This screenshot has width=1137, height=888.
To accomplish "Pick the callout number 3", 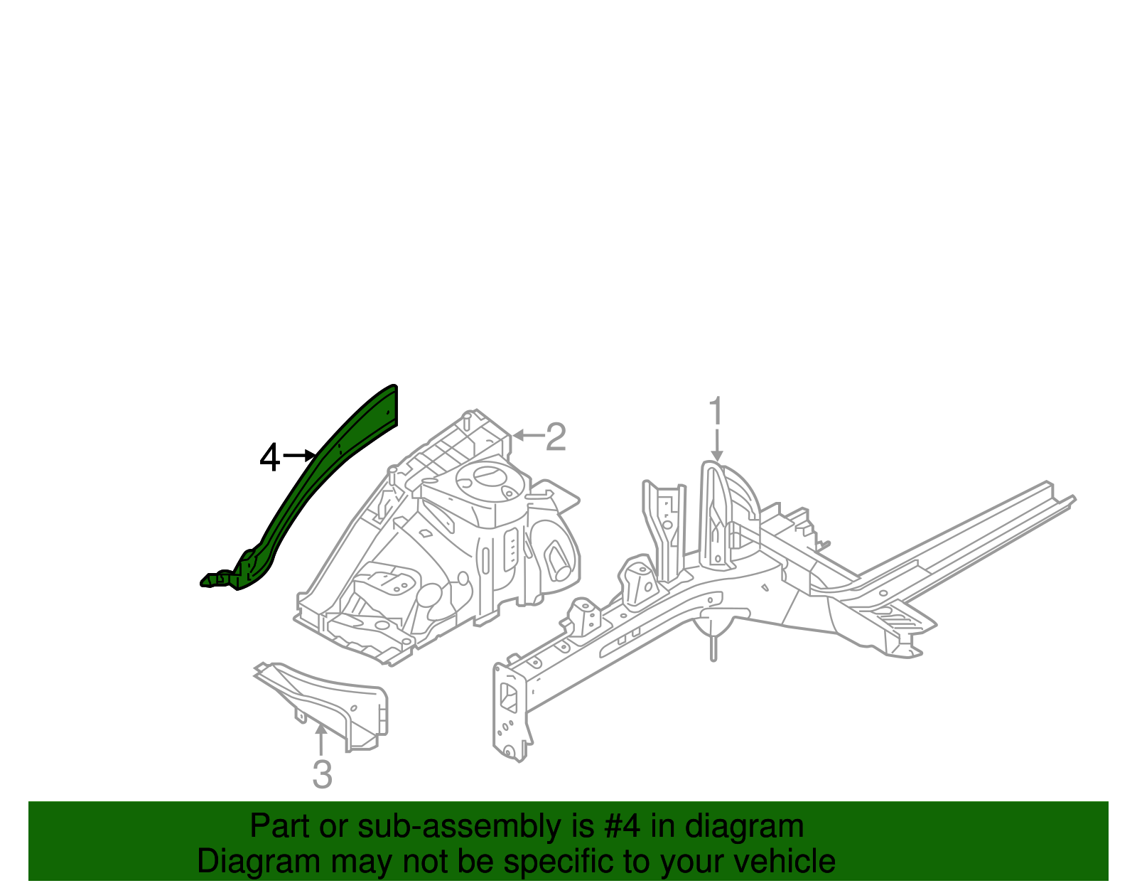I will tap(322, 774).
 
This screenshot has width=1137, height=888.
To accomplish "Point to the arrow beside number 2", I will tap(527, 435).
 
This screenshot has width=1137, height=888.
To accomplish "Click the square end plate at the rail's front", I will tap(509, 711).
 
